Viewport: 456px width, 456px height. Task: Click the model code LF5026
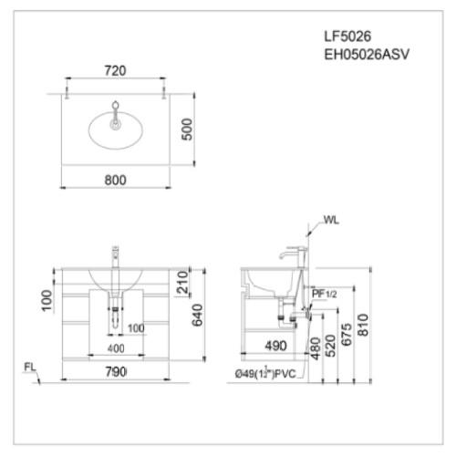[347, 36]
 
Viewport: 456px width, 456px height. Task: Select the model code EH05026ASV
[367, 55]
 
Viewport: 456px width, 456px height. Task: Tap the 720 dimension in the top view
[115, 71]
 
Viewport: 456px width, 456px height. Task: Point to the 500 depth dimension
[187, 130]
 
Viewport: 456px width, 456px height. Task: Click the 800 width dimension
[115, 181]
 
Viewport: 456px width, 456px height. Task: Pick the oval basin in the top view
[116, 130]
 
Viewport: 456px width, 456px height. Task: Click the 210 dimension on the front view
[182, 282]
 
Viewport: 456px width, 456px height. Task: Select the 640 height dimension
[197, 316]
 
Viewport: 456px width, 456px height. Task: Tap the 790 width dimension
[116, 372]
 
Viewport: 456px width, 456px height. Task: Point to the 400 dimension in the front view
[116, 348]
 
